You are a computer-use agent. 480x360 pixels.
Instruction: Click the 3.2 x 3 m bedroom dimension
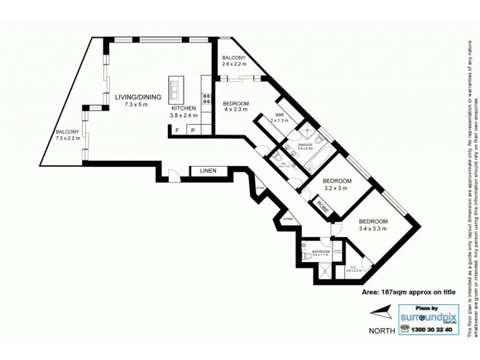[336, 187]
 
